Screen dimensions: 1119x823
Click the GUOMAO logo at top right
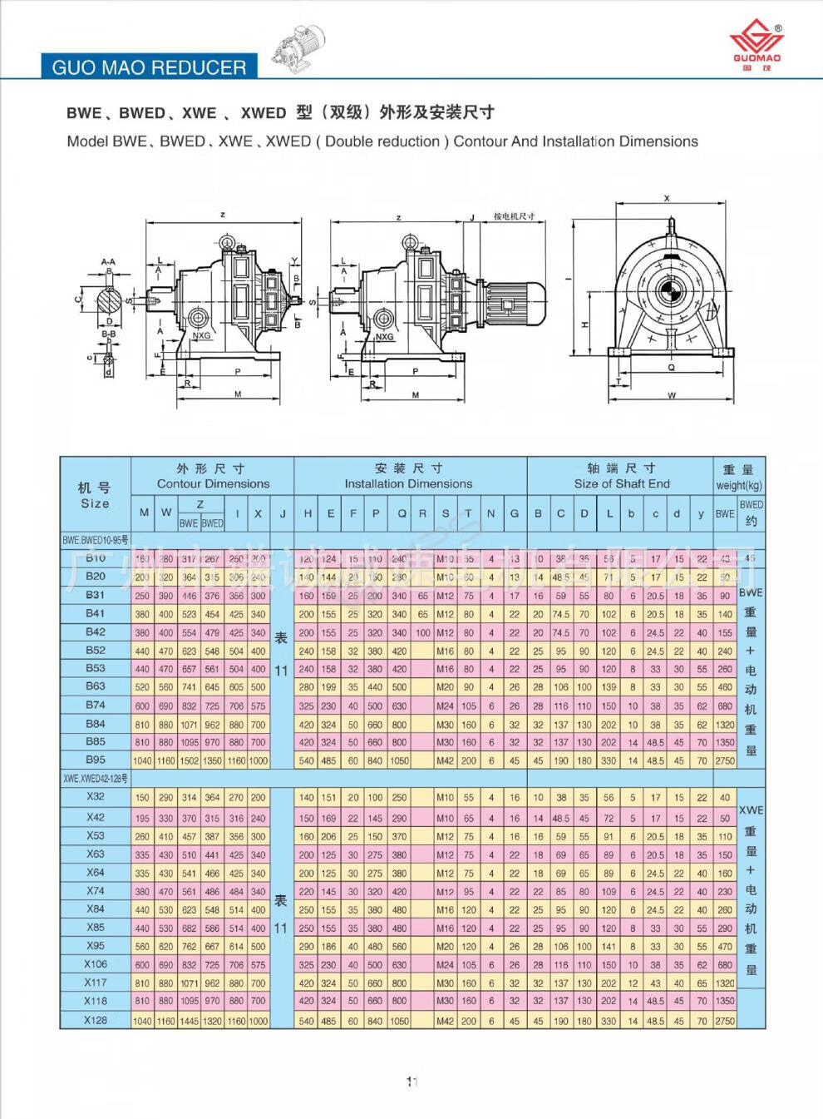[756, 46]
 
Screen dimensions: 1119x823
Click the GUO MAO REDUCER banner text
[149, 67]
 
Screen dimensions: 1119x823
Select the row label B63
[96, 686]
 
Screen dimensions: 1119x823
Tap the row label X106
[96, 963]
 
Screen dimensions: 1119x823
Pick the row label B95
[96, 760]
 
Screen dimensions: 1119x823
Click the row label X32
[96, 796]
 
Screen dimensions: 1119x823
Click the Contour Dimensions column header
[213, 483]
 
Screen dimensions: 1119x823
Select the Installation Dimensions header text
[408, 483]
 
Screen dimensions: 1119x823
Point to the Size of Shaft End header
[621, 483]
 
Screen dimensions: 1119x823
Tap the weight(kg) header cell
[739, 485]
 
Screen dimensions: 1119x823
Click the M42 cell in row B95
[445, 760]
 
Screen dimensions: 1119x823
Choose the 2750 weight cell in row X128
[725, 1021]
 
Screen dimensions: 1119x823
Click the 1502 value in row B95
[189, 760]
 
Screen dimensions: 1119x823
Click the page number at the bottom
[411, 1082]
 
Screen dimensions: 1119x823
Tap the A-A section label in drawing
[108, 261]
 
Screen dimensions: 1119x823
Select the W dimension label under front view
[671, 395]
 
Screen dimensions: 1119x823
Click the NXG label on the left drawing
[202, 336]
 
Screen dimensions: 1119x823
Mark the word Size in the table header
[95, 503]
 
